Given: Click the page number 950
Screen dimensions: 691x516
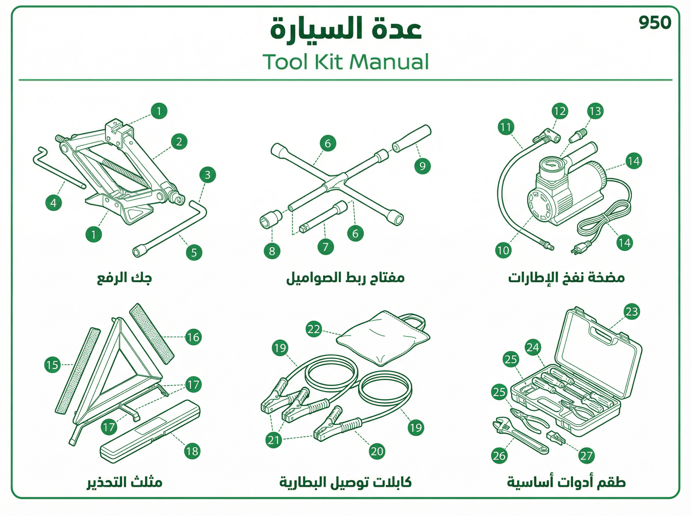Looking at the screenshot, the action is click(655, 23).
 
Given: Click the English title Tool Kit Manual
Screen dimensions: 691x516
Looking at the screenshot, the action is click(346, 62).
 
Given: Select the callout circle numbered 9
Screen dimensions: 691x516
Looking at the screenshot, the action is click(422, 166).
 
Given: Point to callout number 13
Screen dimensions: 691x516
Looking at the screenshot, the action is click(595, 111).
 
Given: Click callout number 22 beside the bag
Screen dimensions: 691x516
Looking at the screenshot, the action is click(314, 329).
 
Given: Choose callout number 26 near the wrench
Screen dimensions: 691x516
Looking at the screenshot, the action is click(499, 456).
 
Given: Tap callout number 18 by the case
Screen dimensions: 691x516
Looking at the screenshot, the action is click(192, 451).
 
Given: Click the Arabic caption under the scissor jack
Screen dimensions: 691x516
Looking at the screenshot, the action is click(124, 278).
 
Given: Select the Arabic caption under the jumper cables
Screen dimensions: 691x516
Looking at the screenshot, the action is click(345, 482).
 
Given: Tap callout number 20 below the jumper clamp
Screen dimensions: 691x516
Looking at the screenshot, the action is click(377, 451).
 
